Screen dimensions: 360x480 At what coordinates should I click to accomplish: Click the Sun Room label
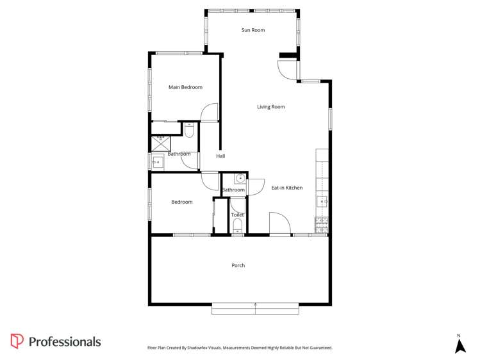click(x=253, y=30)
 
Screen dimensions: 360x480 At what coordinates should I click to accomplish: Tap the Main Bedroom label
click(x=185, y=87)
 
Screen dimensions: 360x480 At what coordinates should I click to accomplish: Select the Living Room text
click(x=271, y=107)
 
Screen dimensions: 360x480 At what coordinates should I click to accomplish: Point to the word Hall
click(x=220, y=156)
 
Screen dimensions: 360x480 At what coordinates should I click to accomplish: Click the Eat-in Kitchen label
click(x=286, y=188)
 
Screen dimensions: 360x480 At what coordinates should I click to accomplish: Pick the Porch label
click(x=238, y=265)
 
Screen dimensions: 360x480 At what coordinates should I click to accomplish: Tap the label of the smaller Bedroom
click(x=181, y=202)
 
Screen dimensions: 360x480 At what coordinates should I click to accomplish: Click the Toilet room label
click(x=237, y=215)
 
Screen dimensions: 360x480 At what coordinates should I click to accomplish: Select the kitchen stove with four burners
click(x=322, y=225)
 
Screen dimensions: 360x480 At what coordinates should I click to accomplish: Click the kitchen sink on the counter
click(x=322, y=202)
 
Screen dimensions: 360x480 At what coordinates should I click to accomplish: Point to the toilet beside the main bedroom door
click(x=189, y=130)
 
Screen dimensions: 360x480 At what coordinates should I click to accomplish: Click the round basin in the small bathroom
click(x=240, y=178)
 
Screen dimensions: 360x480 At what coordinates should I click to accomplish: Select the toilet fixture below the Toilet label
click(x=238, y=225)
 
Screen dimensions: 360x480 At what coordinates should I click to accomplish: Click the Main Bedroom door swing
click(x=209, y=113)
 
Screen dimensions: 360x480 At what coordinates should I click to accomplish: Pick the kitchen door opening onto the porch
click(x=279, y=224)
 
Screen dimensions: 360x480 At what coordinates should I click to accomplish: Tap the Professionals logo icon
click(x=17, y=341)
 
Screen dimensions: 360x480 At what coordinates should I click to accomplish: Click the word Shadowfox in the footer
click(x=210, y=348)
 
